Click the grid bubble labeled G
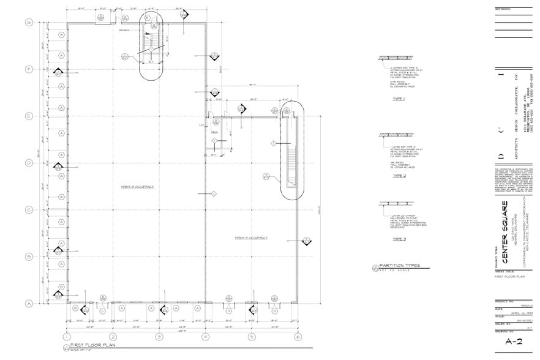pyautogui.click(x=28, y=23)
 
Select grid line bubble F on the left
pyautogui.click(x=28, y=69)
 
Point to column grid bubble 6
pyautogui.click(x=298, y=337)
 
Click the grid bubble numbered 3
pyautogui.click(x=159, y=337)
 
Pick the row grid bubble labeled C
pyautogui.click(x=28, y=210)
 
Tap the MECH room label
pyautogui.click(x=214, y=132)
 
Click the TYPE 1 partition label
pyautogui.click(x=399, y=98)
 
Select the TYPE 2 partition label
pyautogui.click(x=399, y=174)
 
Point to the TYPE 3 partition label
pyautogui.click(x=399, y=239)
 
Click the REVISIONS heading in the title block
pyautogui.click(x=503, y=9)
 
